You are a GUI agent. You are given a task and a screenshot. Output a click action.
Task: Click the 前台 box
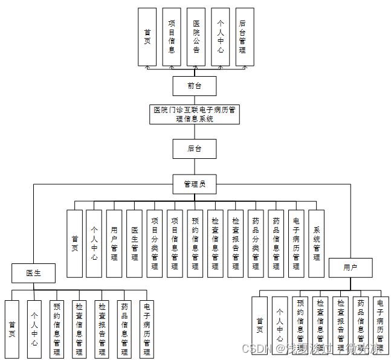[194, 86]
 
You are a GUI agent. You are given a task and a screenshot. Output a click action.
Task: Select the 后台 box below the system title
[194, 149]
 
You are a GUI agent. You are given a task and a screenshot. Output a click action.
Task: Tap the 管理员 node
[194, 184]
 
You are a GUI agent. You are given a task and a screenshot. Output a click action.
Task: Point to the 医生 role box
[33, 273]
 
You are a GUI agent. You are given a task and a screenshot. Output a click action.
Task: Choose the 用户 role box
[350, 268]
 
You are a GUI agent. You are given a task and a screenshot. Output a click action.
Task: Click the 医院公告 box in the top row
[196, 36]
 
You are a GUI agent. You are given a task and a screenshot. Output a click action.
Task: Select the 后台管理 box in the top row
[244, 36]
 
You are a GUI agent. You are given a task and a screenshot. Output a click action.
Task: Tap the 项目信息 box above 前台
[172, 36]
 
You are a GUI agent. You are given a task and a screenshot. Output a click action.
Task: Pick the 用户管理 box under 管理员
[114, 243]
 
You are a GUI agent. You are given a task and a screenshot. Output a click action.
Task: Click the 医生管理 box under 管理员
[135, 243]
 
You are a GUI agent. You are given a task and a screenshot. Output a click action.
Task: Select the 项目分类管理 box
[155, 243]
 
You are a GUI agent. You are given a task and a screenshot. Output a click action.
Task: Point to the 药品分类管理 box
[256, 243]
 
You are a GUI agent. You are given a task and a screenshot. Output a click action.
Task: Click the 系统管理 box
[316, 243]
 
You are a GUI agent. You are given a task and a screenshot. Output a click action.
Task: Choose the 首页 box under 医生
[12, 329]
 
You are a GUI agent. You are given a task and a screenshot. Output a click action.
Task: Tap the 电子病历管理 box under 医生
[147, 329]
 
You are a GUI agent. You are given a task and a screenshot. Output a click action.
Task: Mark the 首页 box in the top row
[147, 36]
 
